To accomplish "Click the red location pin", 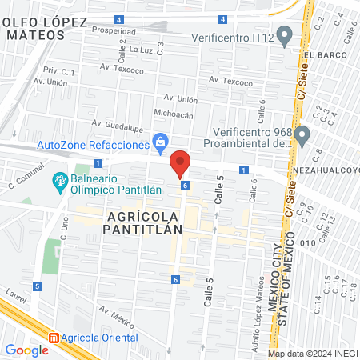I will tap(181, 163).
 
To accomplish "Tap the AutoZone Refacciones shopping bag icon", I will tap(161, 142).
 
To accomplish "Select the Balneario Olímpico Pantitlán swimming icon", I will tap(59, 182).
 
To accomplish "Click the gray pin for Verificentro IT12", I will tap(286, 37).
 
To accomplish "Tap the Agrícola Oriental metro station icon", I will tap(54, 338).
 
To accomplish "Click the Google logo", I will tap(26, 350).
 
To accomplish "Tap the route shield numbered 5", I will tap(37, 286).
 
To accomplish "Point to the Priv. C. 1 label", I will tap(58, 72).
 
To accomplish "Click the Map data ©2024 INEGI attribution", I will tap(311, 354).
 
